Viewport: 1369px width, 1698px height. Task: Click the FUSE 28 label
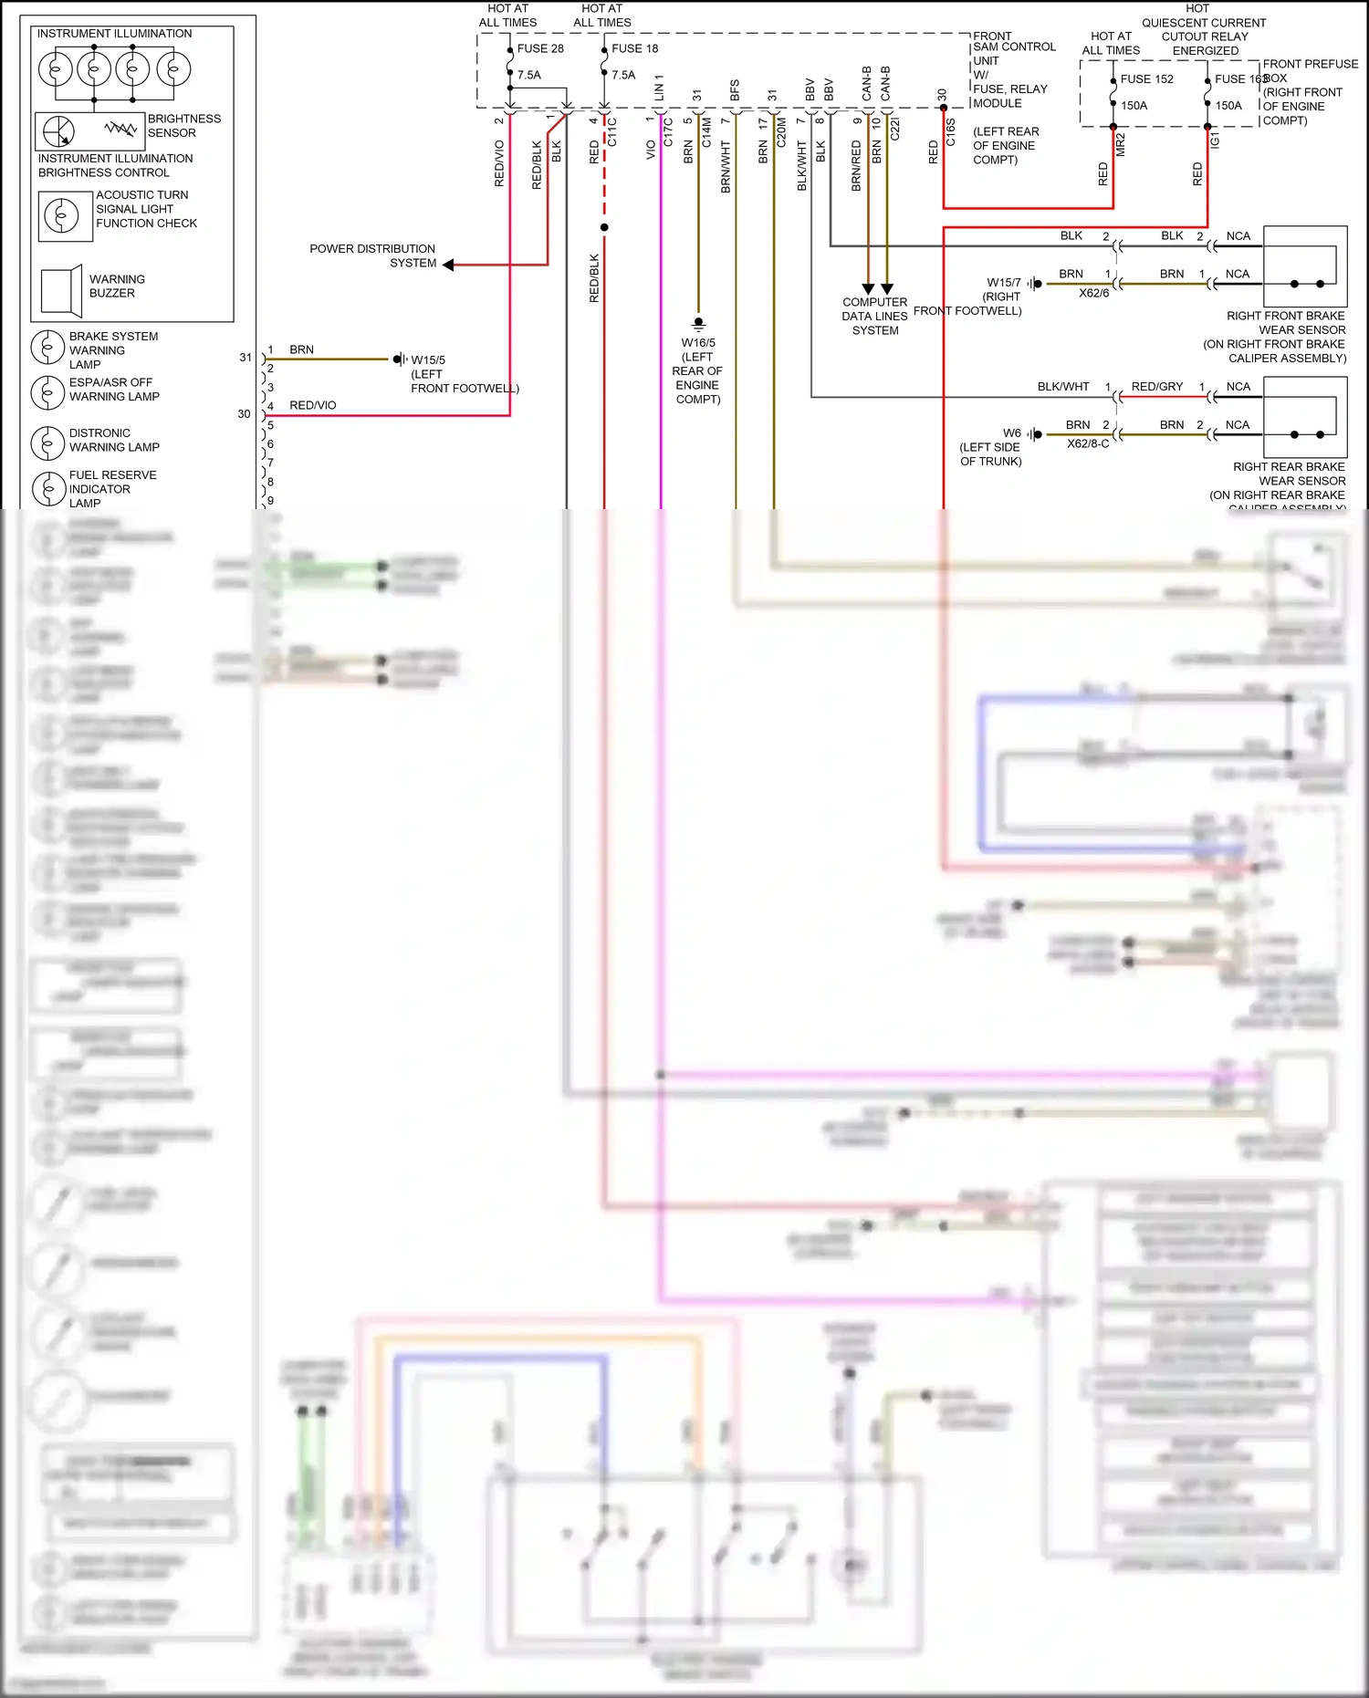pos(540,48)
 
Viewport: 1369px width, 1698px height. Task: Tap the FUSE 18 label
pos(634,48)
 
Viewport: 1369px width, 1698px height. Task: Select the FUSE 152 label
pos(1146,79)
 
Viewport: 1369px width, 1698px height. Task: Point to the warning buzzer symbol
pos(62,291)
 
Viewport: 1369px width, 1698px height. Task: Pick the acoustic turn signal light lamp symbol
pos(62,216)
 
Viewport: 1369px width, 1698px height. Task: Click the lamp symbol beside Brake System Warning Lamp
pos(47,348)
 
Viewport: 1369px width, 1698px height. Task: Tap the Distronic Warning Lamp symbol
pos(47,443)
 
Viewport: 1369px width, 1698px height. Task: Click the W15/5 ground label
pos(428,360)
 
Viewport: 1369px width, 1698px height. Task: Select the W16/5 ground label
pos(698,343)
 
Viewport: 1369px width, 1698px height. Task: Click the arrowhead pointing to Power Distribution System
pos(448,265)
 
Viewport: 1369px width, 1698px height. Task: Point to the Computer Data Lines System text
pos(874,317)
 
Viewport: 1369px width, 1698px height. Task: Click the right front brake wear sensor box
pos(1304,266)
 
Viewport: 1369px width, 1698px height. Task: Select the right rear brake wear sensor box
pos(1304,417)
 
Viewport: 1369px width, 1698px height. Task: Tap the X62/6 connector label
pos(1093,294)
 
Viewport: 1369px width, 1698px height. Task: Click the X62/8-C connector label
pos(1088,444)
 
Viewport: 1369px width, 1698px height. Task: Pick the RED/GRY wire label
pos(1156,387)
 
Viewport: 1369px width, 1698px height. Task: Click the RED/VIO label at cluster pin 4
pos(312,406)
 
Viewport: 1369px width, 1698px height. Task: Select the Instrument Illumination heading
pos(114,34)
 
